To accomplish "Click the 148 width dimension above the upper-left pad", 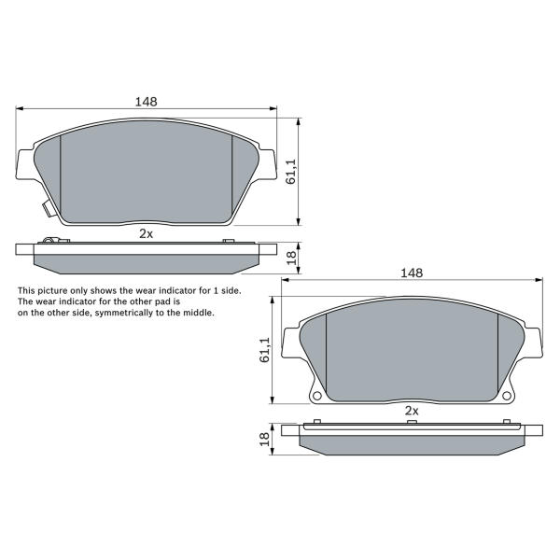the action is [147, 102].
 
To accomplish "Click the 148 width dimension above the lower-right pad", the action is [412, 273].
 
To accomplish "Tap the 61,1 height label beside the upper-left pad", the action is [291, 172].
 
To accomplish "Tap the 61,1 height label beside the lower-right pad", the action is [265, 350].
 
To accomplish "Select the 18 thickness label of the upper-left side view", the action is [292, 258].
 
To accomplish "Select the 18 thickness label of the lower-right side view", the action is [265, 439].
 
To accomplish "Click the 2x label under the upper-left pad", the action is [147, 234].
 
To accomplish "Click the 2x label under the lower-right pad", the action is [412, 411].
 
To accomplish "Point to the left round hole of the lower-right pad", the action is [316, 396].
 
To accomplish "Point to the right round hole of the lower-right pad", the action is [507, 396].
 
